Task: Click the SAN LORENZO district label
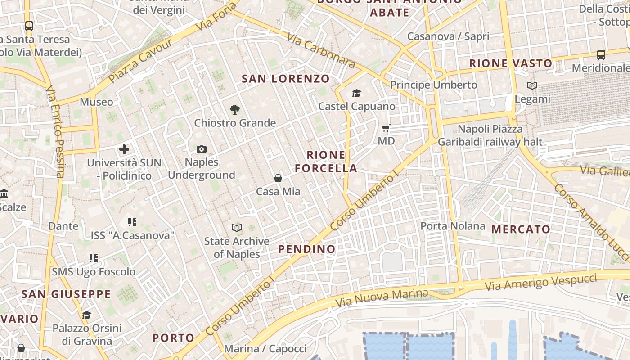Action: [x=286, y=79]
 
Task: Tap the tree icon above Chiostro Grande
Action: [x=234, y=109]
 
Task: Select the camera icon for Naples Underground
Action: [x=202, y=149]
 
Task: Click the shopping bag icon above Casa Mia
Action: [x=278, y=178]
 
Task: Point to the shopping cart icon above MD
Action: [x=386, y=128]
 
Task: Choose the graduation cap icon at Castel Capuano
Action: [x=356, y=93]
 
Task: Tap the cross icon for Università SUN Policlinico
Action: [x=124, y=149]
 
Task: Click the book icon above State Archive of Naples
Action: [x=237, y=228]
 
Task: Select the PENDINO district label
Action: [x=307, y=249]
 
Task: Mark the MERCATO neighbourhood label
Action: [x=521, y=229]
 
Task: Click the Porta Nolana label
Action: [x=453, y=226]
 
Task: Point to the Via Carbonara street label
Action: [x=321, y=52]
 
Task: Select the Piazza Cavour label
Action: [x=140, y=60]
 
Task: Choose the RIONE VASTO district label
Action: [x=511, y=63]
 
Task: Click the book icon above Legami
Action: [x=532, y=85]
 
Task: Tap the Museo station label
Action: [x=97, y=102]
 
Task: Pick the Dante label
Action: [x=63, y=226]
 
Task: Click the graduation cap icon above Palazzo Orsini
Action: [x=86, y=315]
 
